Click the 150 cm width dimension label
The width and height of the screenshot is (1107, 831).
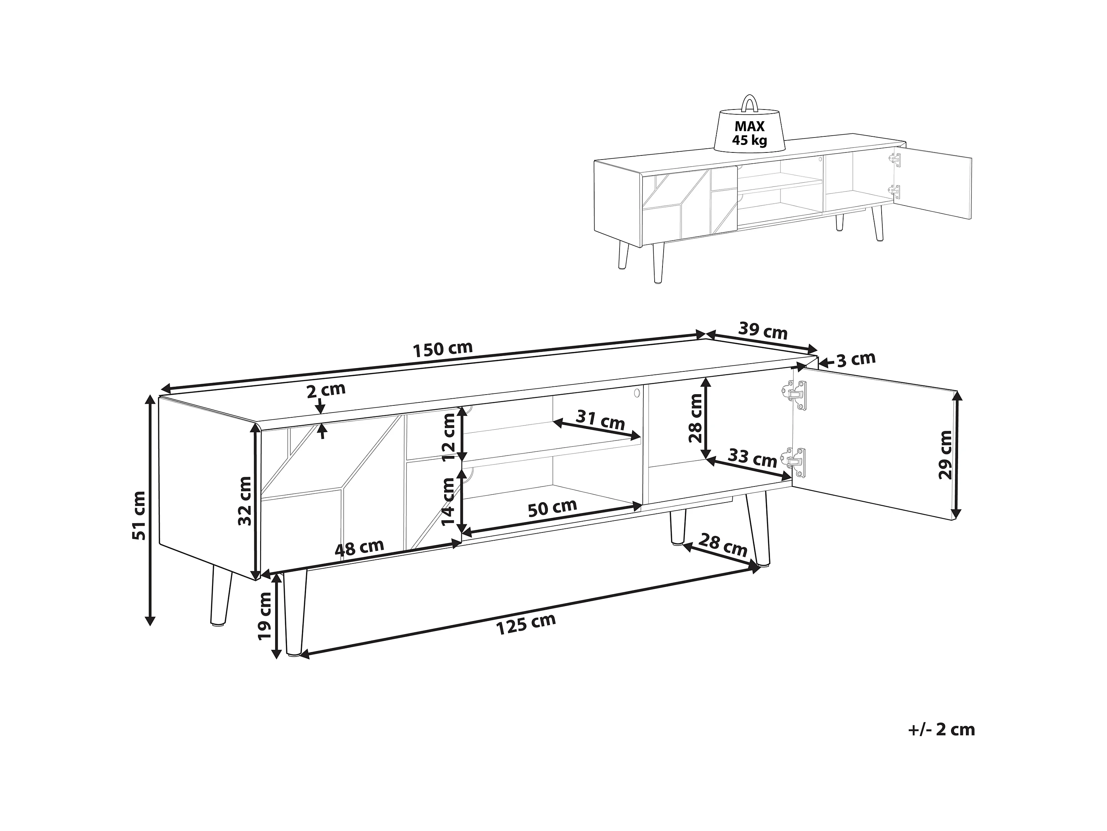click(x=442, y=349)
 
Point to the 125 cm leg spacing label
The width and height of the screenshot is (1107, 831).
click(x=526, y=624)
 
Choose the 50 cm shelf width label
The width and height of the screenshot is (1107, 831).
click(x=552, y=508)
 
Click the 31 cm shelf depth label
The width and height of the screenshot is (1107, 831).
click(x=601, y=419)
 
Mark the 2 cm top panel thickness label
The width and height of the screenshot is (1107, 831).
click(x=326, y=390)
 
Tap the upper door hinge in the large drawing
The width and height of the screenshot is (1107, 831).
click(x=795, y=395)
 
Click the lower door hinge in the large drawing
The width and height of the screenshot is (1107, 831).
click(x=795, y=462)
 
